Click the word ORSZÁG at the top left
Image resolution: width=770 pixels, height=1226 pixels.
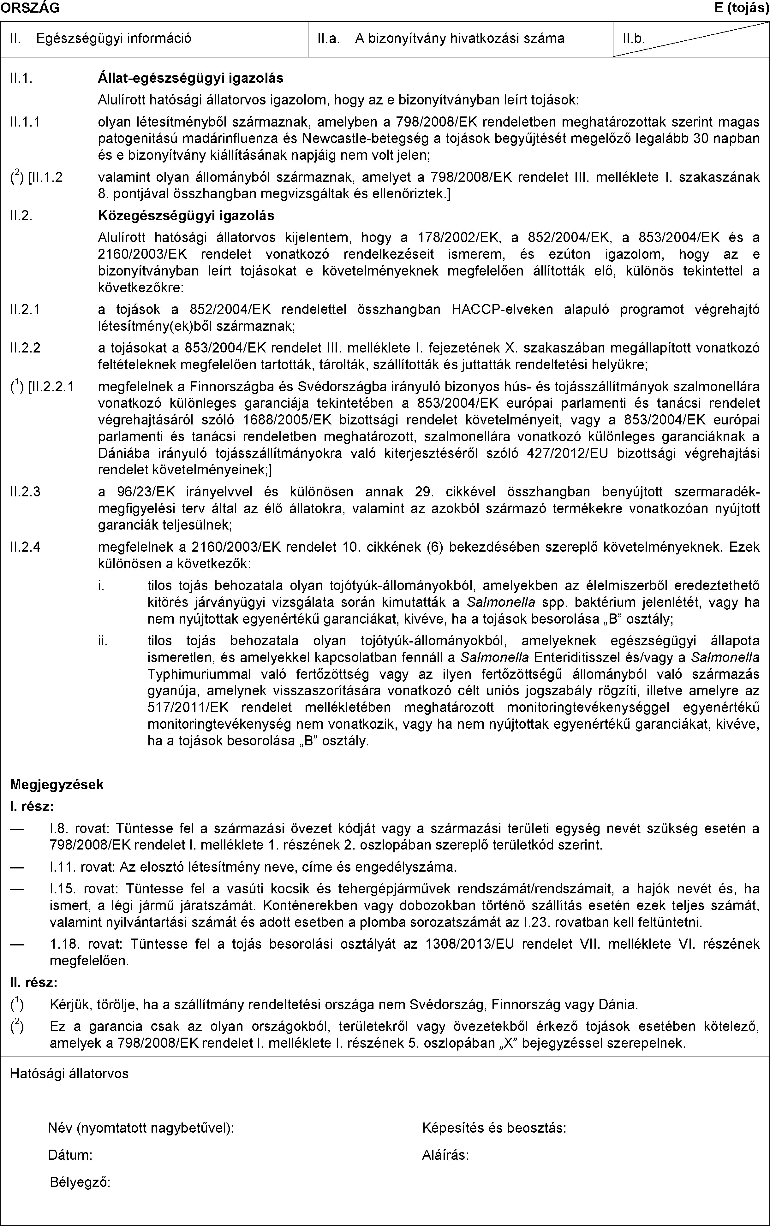pos(30,8)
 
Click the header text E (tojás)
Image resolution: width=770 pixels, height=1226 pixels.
pos(742,8)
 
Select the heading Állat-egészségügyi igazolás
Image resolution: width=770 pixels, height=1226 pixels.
pos(190,78)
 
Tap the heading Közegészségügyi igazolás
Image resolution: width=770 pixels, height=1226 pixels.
pos(186,216)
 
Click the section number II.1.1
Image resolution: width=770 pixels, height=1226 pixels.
pos(26,122)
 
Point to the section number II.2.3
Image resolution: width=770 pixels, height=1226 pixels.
pos(26,492)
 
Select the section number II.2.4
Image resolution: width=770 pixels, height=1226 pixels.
pos(26,547)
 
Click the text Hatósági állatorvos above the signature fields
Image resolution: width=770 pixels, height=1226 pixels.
pos(69,1074)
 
